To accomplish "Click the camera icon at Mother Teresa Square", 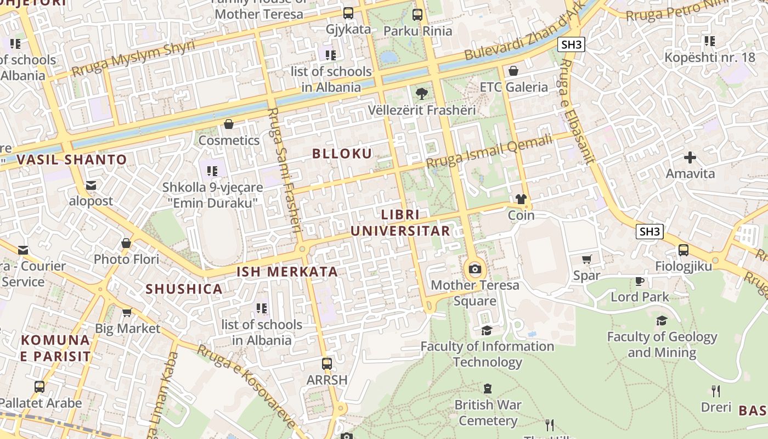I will pos(475,269).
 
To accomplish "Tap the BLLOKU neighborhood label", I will pos(342,154).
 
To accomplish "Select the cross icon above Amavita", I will pos(690,158).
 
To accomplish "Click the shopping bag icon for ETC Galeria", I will pos(513,71).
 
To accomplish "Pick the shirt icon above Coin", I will pos(521,199).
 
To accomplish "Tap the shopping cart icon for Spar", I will pos(586,259).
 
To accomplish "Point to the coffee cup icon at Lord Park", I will pos(639,281).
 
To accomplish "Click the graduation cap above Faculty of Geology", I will pos(662,320).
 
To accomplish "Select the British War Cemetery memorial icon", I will pos(487,389).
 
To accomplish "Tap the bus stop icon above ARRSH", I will pos(327,363).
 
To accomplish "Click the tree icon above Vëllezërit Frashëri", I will pos(421,94).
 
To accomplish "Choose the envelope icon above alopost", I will pos(91,185).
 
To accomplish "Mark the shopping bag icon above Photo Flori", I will pos(126,243).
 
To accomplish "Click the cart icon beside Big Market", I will pos(127,312).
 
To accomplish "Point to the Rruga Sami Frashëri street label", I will pos(285,170).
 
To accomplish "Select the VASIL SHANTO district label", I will pos(71,160).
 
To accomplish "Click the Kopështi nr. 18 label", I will pos(709,57).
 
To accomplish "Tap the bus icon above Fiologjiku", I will pos(684,250).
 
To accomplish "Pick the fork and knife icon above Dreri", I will pos(715,391).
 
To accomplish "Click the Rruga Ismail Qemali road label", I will pos(489,152).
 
